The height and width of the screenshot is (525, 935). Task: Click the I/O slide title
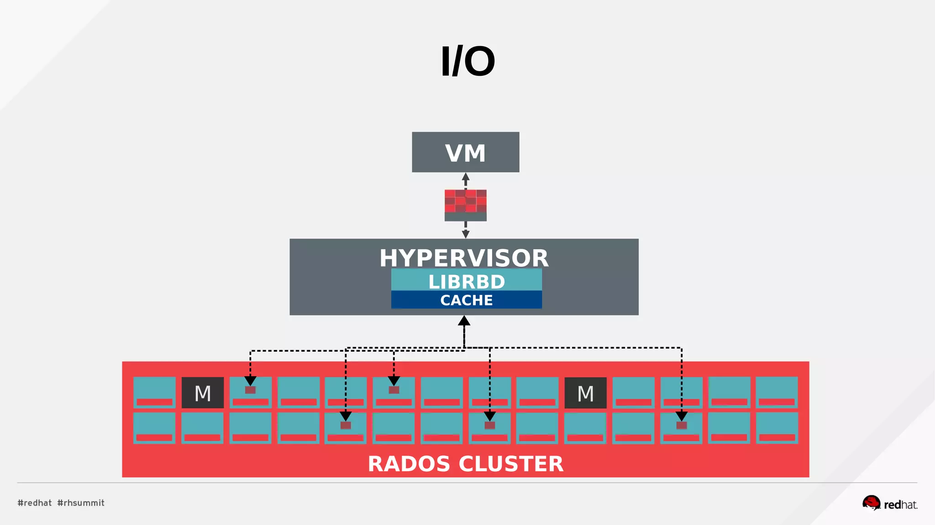point(467,61)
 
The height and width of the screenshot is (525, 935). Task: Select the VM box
point(465,152)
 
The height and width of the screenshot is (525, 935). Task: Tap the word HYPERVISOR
point(464,258)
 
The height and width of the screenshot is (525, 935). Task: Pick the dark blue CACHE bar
point(466,300)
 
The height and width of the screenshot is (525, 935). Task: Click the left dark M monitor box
point(203,393)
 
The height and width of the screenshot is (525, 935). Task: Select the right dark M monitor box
point(585,393)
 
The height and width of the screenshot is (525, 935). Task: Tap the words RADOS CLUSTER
point(465,464)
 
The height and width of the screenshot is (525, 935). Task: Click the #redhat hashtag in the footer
point(35,503)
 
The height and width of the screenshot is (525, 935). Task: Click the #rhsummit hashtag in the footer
point(81,503)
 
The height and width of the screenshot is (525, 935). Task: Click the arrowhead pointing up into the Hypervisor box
point(464,321)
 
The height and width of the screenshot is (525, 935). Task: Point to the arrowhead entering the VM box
point(465,177)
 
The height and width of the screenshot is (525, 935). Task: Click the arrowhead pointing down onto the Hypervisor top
point(465,234)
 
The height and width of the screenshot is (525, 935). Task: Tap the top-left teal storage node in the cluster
point(154,392)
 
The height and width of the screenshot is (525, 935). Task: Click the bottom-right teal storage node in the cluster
point(777,427)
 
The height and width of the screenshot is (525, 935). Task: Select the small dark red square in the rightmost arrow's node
point(681,425)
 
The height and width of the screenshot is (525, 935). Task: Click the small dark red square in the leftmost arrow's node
point(250,390)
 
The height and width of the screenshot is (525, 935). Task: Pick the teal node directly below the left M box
point(202,427)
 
